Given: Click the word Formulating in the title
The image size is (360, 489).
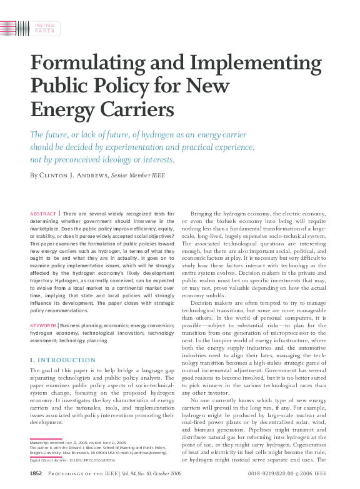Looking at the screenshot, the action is coord(81,64).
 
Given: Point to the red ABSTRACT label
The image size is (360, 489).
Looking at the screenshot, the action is coord(43,214).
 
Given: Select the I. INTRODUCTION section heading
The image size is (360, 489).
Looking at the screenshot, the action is coord(63,360).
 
